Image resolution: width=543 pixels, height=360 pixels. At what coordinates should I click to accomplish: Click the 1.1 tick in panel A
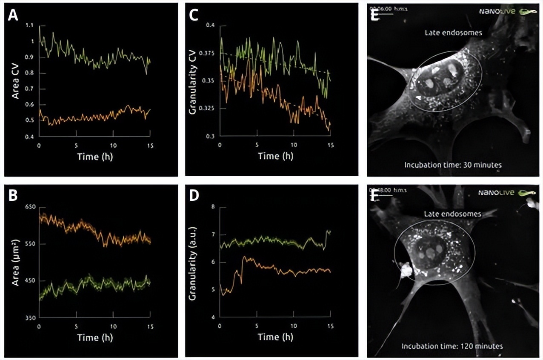[29, 26]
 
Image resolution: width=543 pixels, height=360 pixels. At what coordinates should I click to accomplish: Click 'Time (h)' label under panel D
[275, 337]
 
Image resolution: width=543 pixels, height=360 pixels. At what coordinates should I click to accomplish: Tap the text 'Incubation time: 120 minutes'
[452, 346]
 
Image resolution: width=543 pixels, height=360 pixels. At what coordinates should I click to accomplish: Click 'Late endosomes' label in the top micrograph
[452, 32]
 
